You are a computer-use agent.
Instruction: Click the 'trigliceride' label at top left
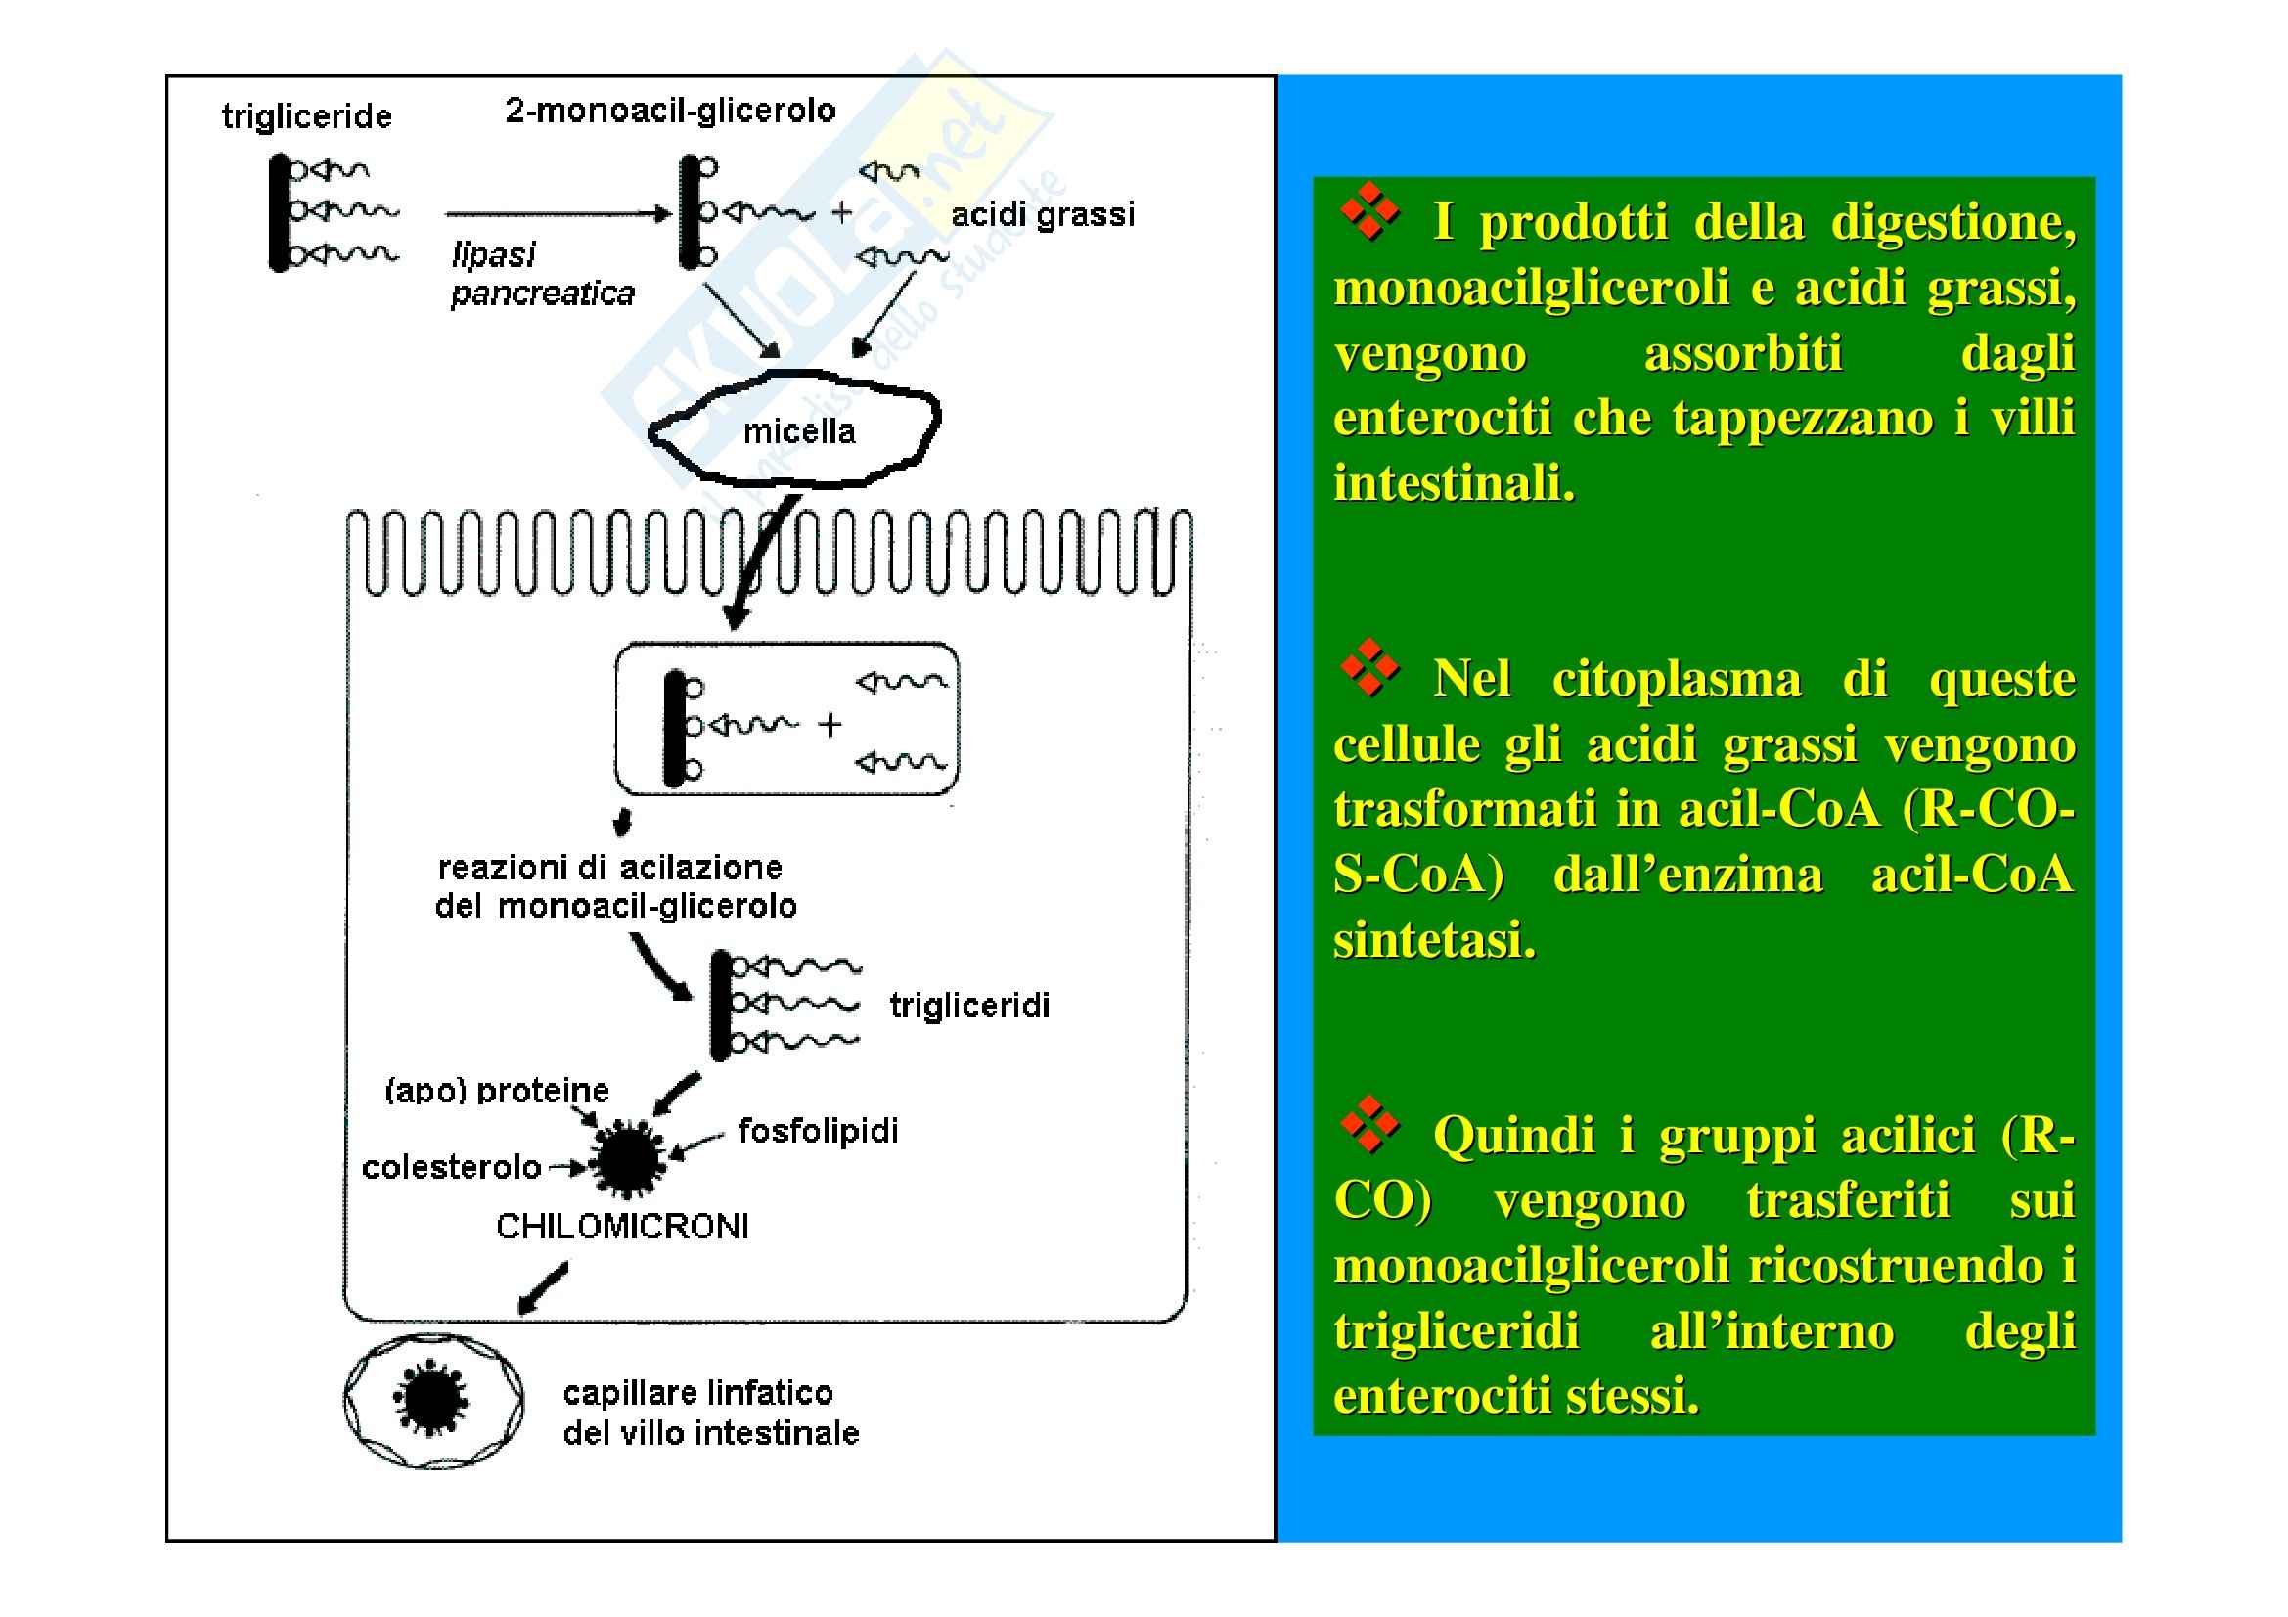tap(307, 116)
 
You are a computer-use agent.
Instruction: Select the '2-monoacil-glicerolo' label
tap(670, 110)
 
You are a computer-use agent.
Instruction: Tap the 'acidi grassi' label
tap(1043, 214)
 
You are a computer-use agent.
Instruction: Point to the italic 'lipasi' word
tap(493, 255)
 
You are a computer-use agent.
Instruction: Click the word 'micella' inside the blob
tap(799, 431)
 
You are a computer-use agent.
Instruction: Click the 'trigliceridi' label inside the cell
tap(968, 1006)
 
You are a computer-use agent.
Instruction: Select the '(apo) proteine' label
tap(496, 1091)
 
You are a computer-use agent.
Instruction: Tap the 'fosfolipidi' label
tap(817, 1131)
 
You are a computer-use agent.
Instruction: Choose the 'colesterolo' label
tap(450, 1167)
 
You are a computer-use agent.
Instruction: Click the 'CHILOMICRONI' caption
tap(622, 1227)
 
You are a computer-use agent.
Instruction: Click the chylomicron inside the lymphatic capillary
tap(431, 1400)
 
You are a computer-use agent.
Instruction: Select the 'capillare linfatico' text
tap(697, 1392)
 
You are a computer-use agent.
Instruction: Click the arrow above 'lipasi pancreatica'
tap(558, 213)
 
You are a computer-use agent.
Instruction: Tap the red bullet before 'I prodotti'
tap(1370, 211)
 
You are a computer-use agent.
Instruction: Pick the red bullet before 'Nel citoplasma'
tap(1370, 666)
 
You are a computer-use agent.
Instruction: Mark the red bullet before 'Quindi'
tap(1370, 1125)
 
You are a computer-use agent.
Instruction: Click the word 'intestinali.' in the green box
tap(1454, 483)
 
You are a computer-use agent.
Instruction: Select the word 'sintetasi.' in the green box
tap(1434, 939)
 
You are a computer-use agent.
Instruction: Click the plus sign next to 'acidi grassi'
tap(842, 212)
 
